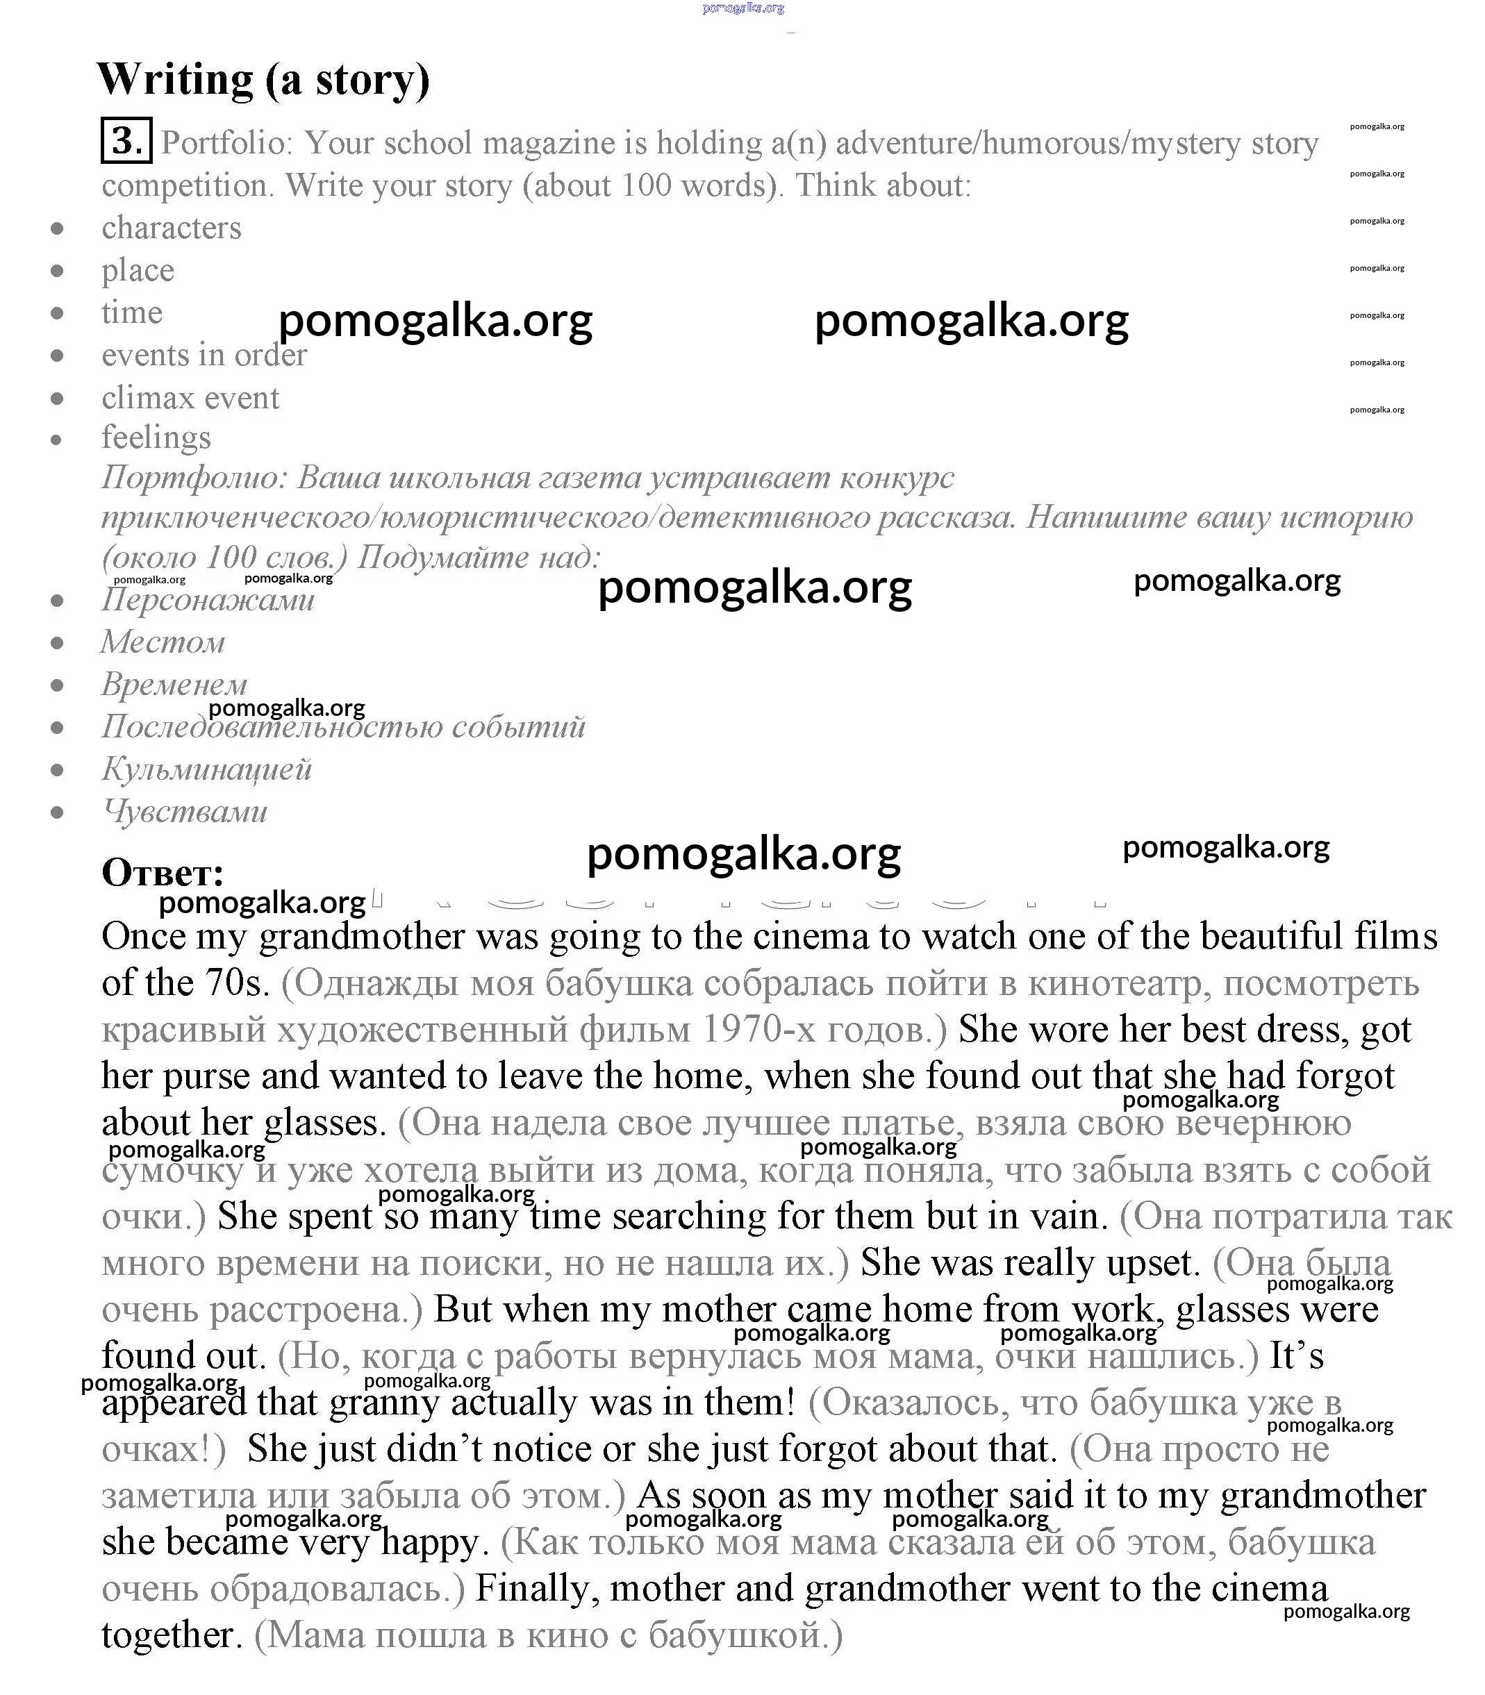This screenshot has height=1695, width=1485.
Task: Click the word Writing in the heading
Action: point(175,81)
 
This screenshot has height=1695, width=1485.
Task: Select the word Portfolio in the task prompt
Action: point(226,143)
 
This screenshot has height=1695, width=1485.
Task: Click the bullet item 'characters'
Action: point(172,228)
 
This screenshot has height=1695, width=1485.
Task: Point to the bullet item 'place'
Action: point(138,270)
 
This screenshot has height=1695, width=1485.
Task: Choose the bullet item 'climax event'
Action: point(190,398)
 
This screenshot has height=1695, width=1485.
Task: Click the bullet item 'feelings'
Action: point(156,437)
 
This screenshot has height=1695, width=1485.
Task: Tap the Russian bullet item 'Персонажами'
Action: point(208,599)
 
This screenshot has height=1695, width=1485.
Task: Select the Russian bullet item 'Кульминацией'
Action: point(206,769)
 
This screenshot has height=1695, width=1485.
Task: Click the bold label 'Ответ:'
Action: point(163,872)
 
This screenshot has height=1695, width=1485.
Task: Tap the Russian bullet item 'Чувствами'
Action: point(185,811)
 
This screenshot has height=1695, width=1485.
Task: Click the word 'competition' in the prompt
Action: point(188,185)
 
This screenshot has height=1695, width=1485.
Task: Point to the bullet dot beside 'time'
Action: point(57,313)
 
